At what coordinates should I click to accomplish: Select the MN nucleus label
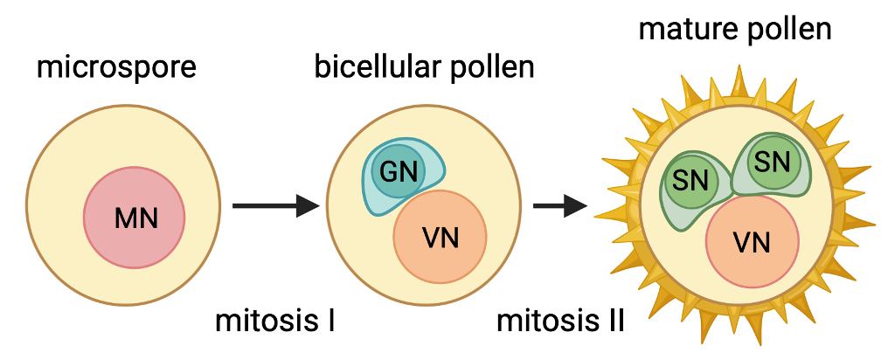[x=136, y=218]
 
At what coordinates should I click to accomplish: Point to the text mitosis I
[x=275, y=321]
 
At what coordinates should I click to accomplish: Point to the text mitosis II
[x=560, y=321]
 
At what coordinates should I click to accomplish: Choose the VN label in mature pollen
[x=752, y=243]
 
